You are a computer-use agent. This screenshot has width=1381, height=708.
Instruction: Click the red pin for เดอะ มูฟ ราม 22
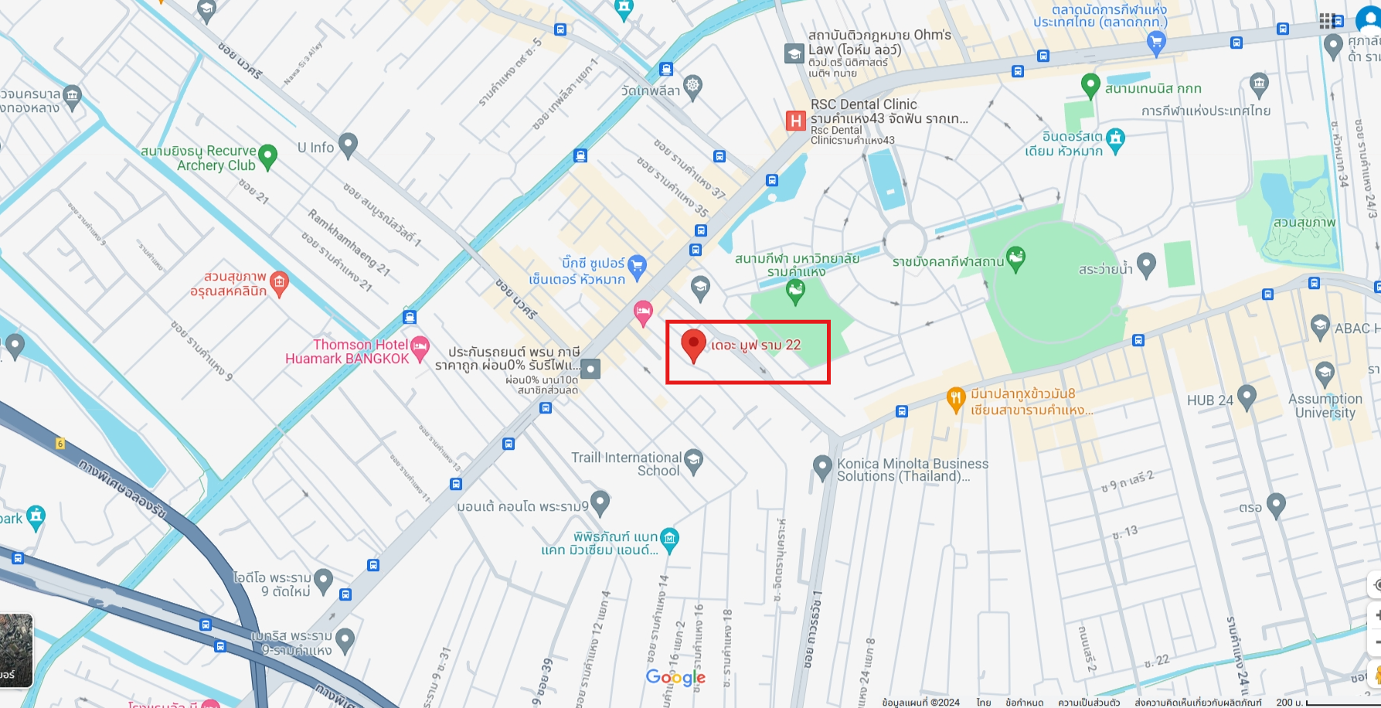(693, 344)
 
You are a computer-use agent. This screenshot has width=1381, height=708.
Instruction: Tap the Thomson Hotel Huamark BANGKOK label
(348, 352)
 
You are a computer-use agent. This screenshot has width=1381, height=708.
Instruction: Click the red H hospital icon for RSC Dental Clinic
(795, 121)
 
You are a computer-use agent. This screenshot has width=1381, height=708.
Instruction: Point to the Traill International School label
(626, 464)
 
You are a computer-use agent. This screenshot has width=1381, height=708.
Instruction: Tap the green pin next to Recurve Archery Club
(267, 155)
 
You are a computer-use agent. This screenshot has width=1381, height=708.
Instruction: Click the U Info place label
(316, 148)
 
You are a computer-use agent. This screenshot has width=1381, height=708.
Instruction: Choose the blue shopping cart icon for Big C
(637, 267)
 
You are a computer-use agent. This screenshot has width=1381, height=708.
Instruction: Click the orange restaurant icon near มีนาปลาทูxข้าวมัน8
(956, 399)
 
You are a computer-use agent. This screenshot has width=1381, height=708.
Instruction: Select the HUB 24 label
(1210, 400)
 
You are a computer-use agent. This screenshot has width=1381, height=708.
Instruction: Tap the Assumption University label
(1325, 406)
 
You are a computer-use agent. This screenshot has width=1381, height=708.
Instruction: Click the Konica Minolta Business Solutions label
(912, 470)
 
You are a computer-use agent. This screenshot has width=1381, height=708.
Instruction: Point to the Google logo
(675, 678)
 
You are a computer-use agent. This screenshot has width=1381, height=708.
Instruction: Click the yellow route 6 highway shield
(60, 444)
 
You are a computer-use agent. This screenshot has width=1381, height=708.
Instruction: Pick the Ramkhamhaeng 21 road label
(349, 242)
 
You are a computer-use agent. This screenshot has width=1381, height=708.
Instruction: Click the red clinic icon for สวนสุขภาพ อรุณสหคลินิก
(279, 282)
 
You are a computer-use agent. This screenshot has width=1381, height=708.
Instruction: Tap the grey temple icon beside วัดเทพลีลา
(693, 87)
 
